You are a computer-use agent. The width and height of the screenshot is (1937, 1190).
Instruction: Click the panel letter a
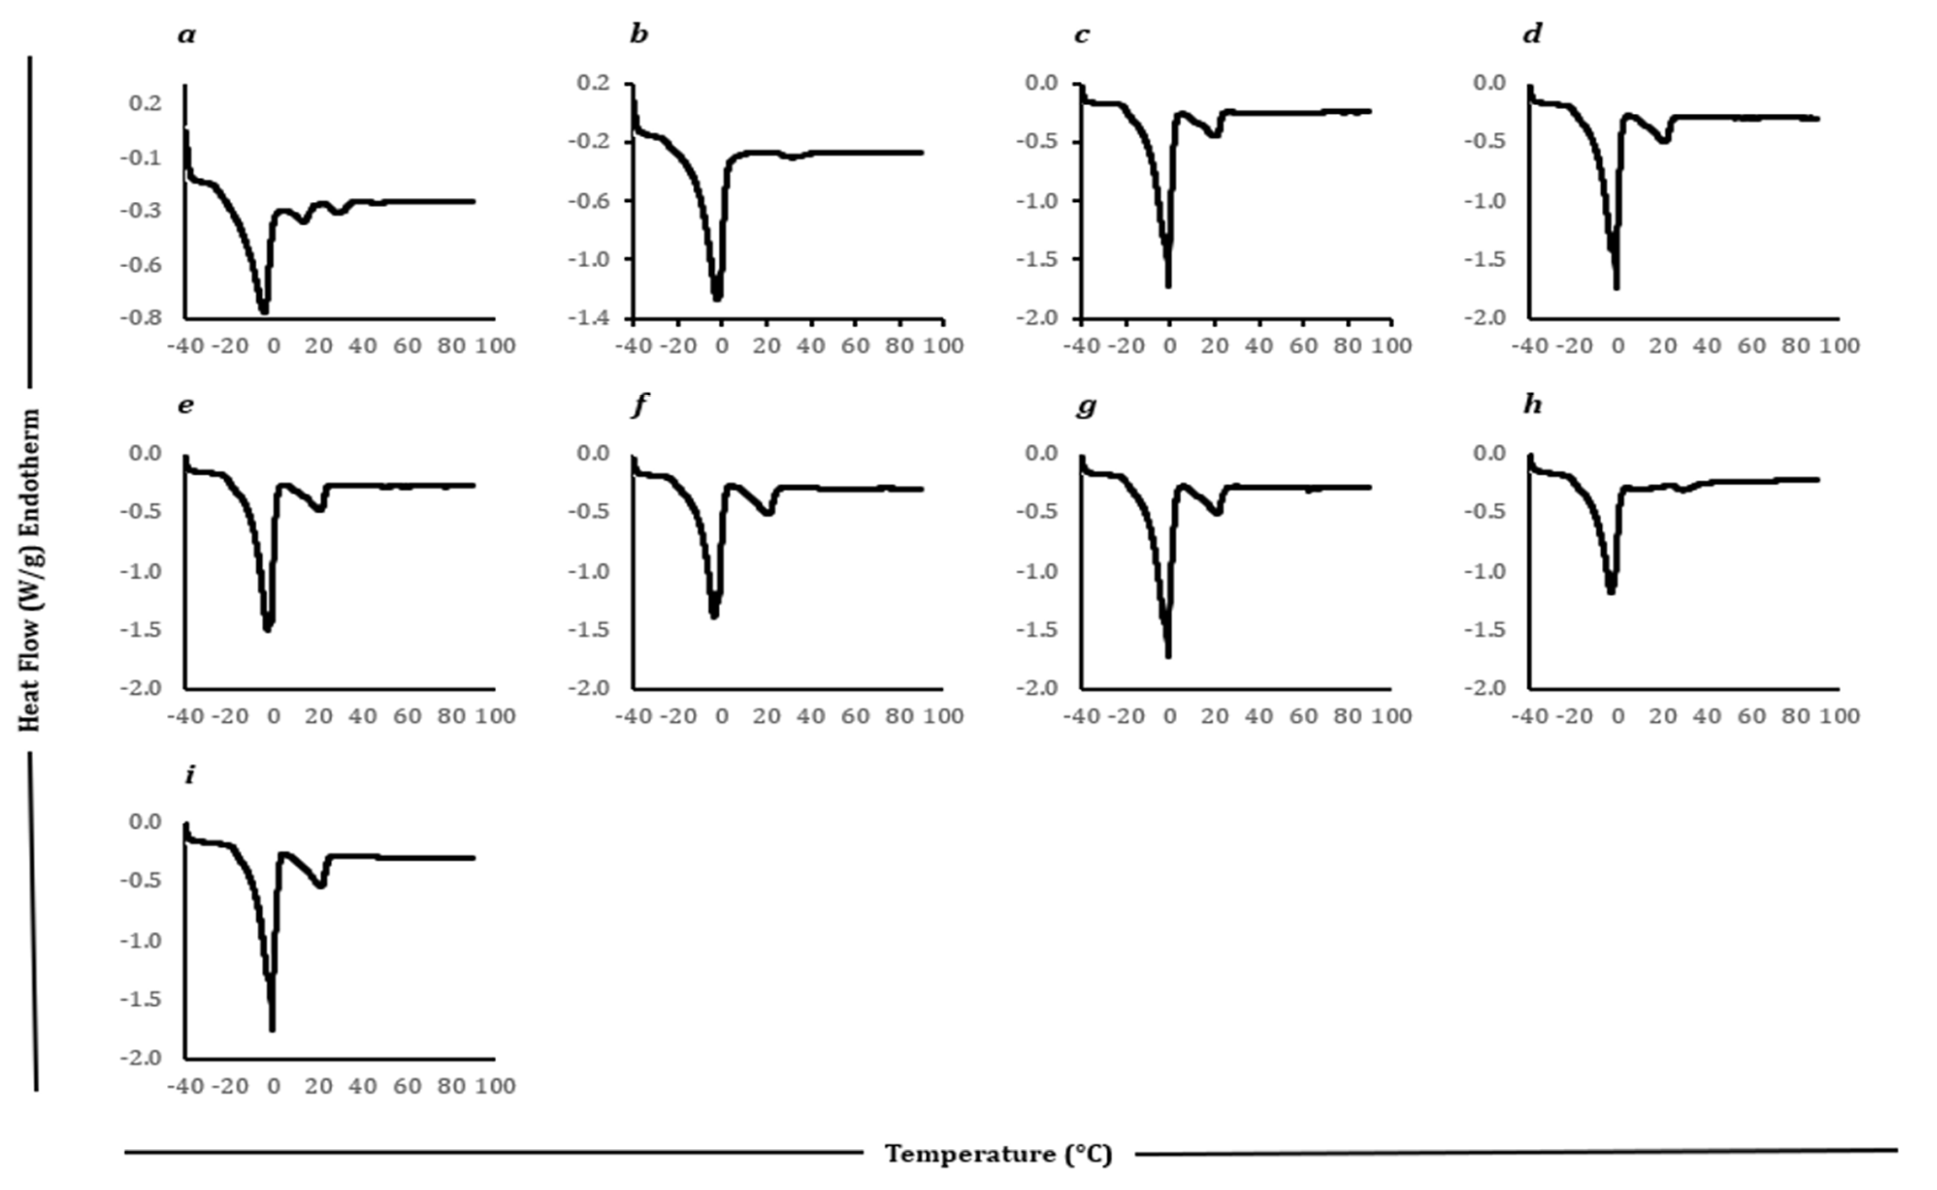tap(187, 36)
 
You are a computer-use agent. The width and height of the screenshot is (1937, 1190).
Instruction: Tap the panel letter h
tap(1532, 405)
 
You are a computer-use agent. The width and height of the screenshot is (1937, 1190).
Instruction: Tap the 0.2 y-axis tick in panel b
tap(593, 83)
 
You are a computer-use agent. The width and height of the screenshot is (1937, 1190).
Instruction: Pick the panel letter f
tap(639, 405)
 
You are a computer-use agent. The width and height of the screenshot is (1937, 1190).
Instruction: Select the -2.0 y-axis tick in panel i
tap(141, 1058)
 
